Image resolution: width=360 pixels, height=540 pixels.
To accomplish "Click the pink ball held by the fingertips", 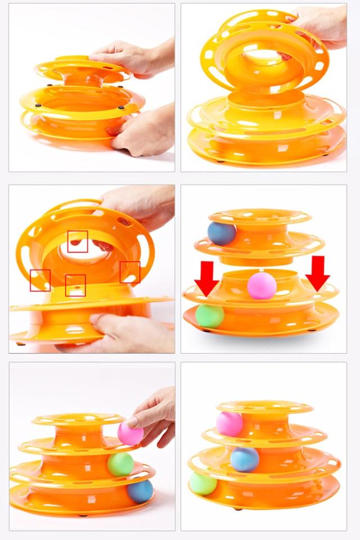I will (x=130, y=434).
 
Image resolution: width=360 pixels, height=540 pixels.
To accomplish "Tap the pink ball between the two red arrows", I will (x=262, y=285).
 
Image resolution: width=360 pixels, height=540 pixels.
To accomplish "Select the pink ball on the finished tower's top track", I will (x=229, y=424).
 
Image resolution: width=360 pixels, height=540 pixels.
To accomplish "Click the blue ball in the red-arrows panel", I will (x=222, y=233).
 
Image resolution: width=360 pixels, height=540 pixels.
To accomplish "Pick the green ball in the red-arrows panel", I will (x=210, y=316).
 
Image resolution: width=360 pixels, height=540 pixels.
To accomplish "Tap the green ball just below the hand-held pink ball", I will (x=120, y=464).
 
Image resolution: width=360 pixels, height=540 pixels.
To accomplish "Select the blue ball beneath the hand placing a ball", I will (x=139, y=490).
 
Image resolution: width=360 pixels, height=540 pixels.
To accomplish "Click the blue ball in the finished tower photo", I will (x=244, y=459).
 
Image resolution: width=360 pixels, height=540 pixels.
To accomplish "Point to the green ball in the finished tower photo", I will (x=203, y=483).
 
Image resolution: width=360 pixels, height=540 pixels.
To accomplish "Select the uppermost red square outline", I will (x=78, y=241).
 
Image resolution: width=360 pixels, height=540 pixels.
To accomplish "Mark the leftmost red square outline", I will (x=40, y=280).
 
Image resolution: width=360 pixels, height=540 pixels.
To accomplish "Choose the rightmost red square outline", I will (x=130, y=272).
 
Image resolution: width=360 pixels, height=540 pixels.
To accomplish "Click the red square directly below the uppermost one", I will (x=75, y=285).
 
